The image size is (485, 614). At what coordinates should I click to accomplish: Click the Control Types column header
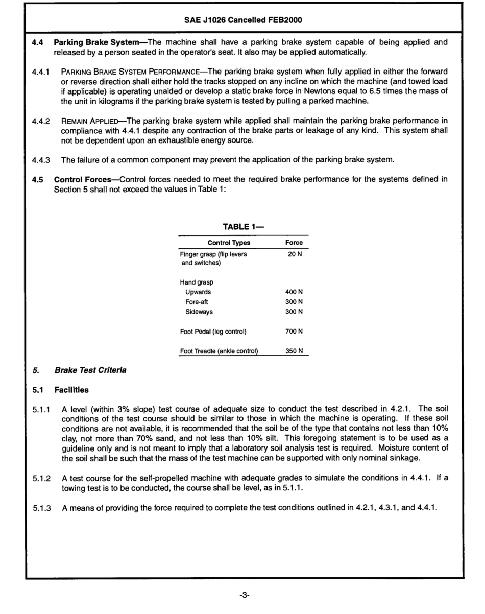[229, 243]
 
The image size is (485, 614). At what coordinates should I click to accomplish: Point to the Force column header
[294, 243]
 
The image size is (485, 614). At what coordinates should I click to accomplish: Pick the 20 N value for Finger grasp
[295, 254]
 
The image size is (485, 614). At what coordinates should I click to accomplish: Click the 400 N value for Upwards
[295, 292]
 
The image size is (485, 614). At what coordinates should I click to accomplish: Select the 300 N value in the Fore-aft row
[295, 302]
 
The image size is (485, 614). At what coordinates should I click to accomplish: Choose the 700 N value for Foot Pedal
[295, 332]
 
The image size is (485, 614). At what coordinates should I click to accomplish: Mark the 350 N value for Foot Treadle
[295, 351]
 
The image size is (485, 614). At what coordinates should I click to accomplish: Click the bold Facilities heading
[71, 390]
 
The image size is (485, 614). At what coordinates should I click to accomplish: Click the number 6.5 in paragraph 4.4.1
[397, 91]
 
